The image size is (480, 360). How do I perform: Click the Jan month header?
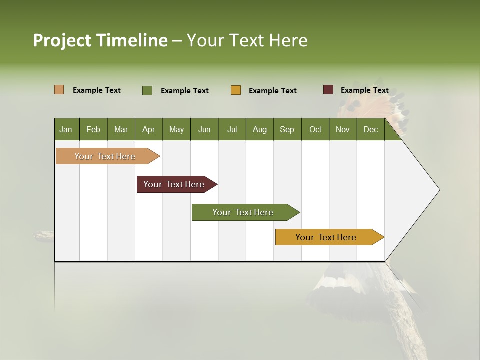[x=66, y=129]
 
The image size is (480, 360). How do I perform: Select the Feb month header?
[x=93, y=129]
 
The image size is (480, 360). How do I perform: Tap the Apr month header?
[x=149, y=129]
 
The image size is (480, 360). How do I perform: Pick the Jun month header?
[x=204, y=129]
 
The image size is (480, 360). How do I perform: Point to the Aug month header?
[x=260, y=129]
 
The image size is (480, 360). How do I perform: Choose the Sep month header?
[x=287, y=129]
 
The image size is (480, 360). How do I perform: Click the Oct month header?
[x=315, y=129]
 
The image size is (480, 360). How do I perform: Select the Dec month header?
[x=371, y=129]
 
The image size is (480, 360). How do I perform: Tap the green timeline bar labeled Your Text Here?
[x=243, y=212]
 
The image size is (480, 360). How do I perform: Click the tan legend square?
[x=59, y=90]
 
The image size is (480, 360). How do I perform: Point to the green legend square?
[x=147, y=90]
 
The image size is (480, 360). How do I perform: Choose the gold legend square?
[x=236, y=90]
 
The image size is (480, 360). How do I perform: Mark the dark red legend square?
[x=328, y=90]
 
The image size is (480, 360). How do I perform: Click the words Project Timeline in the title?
[x=100, y=40]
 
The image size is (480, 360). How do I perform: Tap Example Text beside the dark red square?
[x=365, y=90]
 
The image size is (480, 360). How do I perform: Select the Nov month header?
[x=343, y=129]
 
